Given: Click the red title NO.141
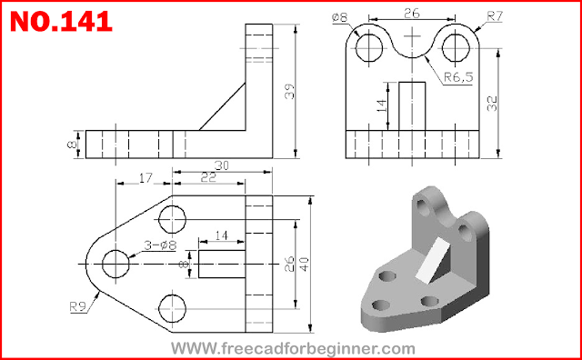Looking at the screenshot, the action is [61, 21].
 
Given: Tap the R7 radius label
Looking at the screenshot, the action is [495, 16].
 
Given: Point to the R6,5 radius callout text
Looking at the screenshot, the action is [458, 77].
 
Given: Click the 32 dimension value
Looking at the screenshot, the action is [492, 103].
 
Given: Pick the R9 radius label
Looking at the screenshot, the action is [78, 307].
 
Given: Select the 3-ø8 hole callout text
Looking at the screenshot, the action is [160, 245].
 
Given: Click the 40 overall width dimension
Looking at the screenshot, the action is [305, 264].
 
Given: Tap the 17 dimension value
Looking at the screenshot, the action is [145, 178].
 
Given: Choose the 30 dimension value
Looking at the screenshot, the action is [222, 165].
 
